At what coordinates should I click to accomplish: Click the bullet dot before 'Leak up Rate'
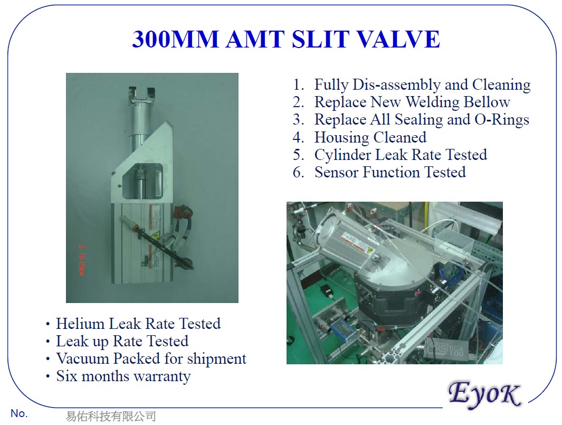pos(49,342)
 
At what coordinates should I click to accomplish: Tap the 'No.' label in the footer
pos(18,413)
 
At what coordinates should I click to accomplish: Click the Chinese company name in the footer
pos(111,416)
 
